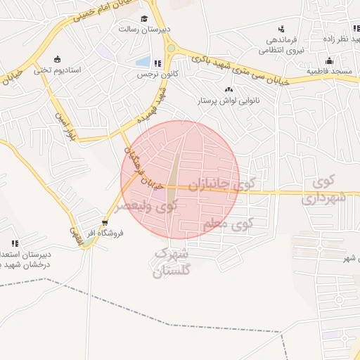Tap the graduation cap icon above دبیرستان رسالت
144,19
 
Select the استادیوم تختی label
60,70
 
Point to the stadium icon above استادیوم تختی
56,59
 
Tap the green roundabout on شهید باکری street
171,48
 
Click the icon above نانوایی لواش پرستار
228,90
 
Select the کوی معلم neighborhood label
227,225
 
